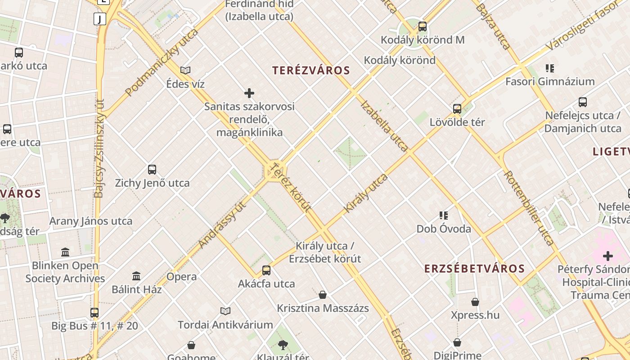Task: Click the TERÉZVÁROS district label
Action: click(311, 71)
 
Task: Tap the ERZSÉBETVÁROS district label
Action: click(474, 269)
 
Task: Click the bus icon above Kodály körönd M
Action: click(422, 27)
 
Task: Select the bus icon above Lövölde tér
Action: click(457, 109)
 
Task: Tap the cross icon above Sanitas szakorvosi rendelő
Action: click(249, 93)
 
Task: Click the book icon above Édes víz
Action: click(185, 70)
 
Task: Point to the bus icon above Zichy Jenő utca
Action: click(152, 170)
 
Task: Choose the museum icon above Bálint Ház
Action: click(136, 276)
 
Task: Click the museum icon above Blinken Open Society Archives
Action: click(65, 252)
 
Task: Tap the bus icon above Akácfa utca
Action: click(266, 270)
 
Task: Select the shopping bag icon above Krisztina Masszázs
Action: click(323, 295)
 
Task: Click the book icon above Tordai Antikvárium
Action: click(225, 311)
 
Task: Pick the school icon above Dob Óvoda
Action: click(444, 216)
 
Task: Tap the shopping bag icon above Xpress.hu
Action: click(475, 302)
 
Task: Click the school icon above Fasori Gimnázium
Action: click(549, 68)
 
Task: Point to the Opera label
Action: click(182, 277)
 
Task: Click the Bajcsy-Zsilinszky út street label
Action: click(99, 148)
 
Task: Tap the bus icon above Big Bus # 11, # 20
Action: click(94, 312)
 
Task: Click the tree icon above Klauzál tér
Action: click(283, 345)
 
